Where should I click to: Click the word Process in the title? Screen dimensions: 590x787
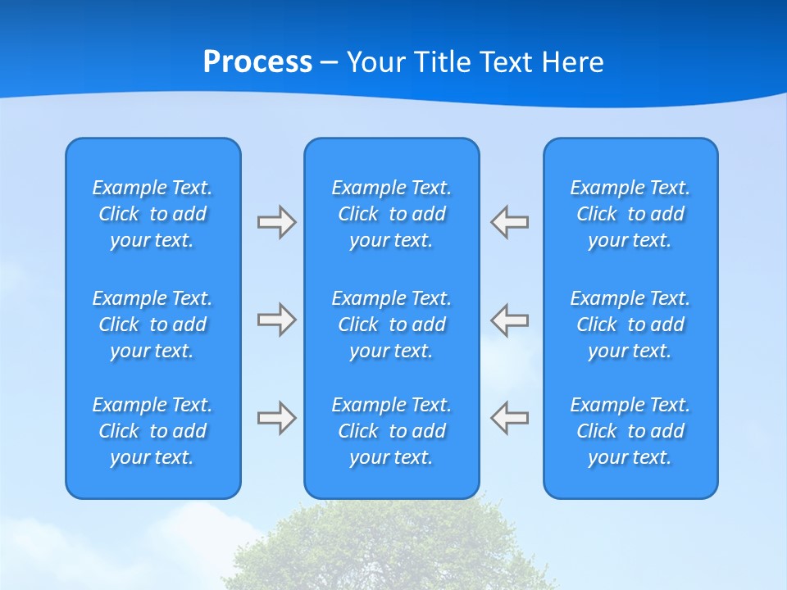(x=257, y=62)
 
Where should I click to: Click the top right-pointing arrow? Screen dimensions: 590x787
(x=276, y=222)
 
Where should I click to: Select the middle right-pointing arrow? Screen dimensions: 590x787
(x=276, y=320)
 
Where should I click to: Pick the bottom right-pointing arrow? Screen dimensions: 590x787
(x=276, y=418)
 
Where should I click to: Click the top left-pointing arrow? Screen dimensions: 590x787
(x=510, y=222)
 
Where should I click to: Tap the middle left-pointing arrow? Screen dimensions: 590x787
(x=510, y=320)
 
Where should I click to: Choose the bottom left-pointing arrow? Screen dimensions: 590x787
(x=510, y=418)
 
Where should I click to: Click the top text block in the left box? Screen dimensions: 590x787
(x=152, y=214)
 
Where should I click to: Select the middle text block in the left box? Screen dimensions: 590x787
(x=152, y=324)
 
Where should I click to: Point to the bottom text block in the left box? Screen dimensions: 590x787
(x=152, y=431)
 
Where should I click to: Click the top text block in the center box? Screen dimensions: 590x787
(x=392, y=214)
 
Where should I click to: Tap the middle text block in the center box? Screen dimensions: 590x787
(x=392, y=324)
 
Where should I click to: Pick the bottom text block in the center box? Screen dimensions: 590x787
(x=392, y=431)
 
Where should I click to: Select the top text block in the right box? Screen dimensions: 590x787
(x=630, y=214)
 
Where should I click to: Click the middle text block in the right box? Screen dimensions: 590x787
(x=630, y=324)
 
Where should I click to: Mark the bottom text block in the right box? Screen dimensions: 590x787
(x=630, y=431)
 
